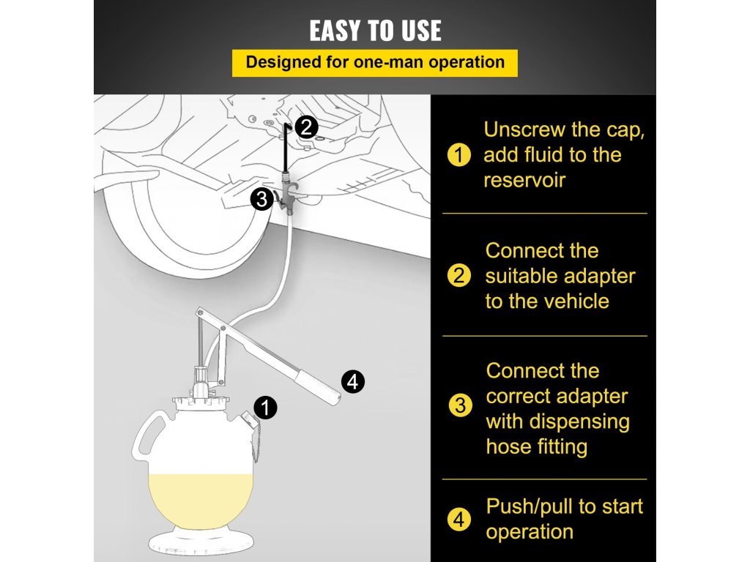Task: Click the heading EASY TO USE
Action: click(x=375, y=31)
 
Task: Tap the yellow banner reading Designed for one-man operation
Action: click(x=375, y=63)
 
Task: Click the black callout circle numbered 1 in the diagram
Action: click(x=265, y=408)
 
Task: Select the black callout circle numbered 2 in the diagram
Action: click(x=307, y=127)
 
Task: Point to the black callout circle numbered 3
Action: click(x=261, y=199)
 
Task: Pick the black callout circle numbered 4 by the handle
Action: click(x=352, y=381)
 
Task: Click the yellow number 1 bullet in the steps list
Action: click(x=459, y=155)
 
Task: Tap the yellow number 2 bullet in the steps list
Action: click(x=459, y=276)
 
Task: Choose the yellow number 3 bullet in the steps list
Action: click(x=460, y=405)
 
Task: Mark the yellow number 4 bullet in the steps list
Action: click(x=459, y=520)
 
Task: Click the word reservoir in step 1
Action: click(x=524, y=181)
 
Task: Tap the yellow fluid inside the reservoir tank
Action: click(x=201, y=499)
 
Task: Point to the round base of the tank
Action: click(x=201, y=542)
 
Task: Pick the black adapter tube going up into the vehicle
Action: click(x=286, y=147)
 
